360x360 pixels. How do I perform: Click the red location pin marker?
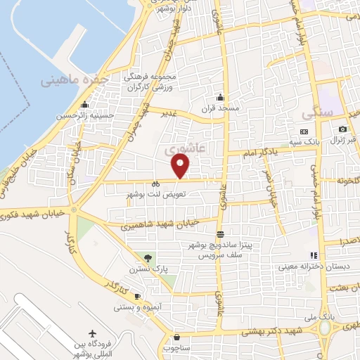181,166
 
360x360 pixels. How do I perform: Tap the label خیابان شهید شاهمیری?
161,224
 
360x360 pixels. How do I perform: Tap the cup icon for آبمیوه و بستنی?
138,296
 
